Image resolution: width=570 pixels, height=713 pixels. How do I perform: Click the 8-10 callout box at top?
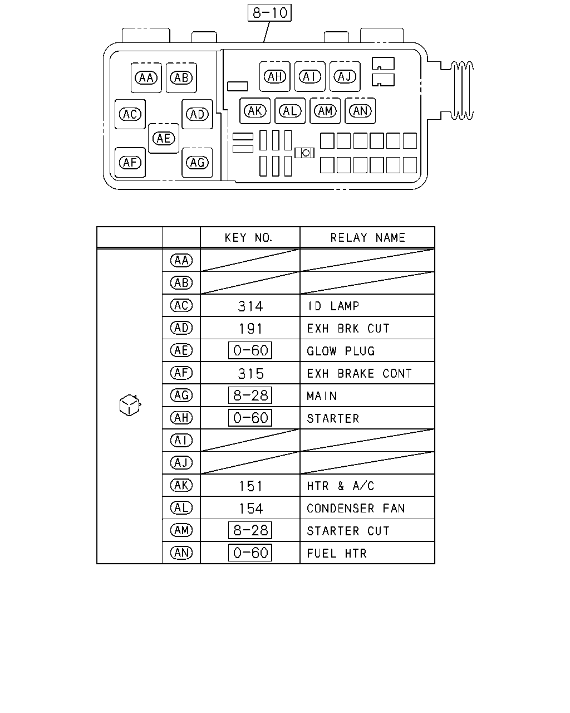(269, 13)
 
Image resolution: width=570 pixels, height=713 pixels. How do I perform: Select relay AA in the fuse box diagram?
(146, 77)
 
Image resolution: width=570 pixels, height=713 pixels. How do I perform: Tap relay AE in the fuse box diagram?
(164, 138)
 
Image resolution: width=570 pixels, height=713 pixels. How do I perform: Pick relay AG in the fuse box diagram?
(197, 162)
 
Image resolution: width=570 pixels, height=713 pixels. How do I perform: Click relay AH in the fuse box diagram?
(274, 76)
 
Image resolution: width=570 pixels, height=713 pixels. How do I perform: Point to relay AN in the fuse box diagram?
(360, 111)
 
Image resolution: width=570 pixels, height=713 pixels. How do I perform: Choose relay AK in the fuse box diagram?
(255, 111)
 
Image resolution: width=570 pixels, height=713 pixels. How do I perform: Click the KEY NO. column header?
(248, 237)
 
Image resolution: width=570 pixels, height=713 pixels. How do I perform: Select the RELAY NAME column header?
(367, 237)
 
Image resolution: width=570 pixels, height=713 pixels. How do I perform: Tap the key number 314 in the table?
(250, 306)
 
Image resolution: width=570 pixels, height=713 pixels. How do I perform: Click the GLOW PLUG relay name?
(341, 351)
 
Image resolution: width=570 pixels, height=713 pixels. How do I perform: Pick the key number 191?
(250, 329)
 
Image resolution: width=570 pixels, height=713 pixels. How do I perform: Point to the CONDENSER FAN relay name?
(356, 508)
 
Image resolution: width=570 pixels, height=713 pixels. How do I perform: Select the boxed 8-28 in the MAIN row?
(250, 395)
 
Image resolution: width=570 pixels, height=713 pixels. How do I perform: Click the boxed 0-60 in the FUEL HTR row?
(250, 553)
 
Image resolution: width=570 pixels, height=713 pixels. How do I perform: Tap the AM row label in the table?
(181, 530)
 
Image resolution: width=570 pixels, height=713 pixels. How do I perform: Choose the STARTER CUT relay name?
(348, 531)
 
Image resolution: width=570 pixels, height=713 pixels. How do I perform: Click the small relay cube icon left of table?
(130, 405)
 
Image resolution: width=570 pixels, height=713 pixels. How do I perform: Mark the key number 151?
(250, 486)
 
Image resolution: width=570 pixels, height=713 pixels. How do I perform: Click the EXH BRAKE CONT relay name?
(359, 373)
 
